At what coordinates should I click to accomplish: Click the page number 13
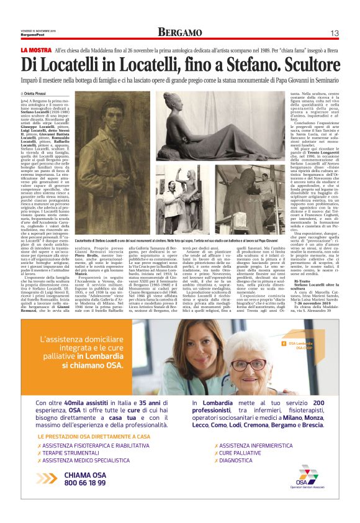point(334,33)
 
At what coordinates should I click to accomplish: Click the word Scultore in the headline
point(306,65)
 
